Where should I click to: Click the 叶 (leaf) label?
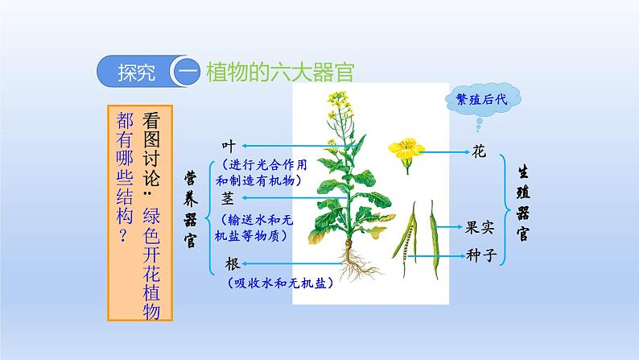[x=229, y=146]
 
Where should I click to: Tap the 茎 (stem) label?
[x=228, y=198]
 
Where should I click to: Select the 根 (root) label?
[x=233, y=264]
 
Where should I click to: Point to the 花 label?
[x=479, y=151]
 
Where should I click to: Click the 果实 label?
[x=480, y=227]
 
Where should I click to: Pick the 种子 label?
[x=481, y=255]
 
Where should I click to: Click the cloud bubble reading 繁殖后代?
[x=483, y=99]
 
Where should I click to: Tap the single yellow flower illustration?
[x=406, y=154]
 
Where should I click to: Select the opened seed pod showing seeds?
[x=406, y=238]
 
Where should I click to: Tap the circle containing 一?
[x=187, y=72]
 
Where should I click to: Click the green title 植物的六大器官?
[x=280, y=72]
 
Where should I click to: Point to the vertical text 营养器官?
[x=190, y=209]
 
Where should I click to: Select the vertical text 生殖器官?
[x=522, y=203]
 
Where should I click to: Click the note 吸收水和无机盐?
[x=280, y=283]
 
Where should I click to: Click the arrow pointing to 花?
[x=444, y=152]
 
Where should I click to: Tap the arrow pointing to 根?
[x=292, y=264]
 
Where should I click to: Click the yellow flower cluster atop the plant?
[x=339, y=101]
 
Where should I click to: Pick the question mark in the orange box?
[x=124, y=236]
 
